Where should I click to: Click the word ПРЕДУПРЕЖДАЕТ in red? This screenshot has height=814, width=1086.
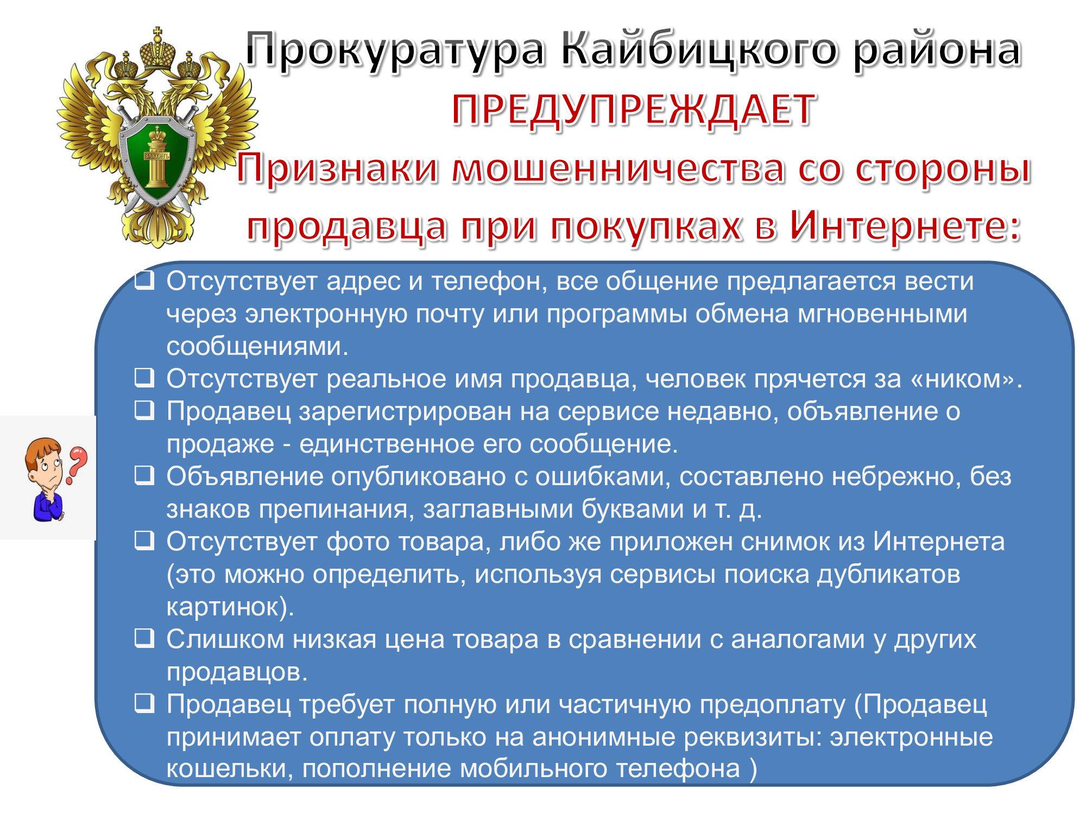pos(633,110)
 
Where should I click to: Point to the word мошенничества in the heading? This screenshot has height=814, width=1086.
pos(618,168)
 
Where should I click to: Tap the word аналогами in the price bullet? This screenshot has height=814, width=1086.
pos(798,640)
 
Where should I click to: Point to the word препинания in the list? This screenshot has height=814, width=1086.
pos(337,510)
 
